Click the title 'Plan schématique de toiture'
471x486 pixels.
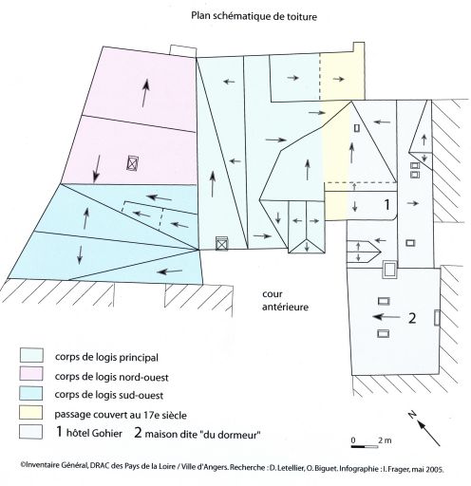point(254,16)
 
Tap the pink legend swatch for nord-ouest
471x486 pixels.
point(31,374)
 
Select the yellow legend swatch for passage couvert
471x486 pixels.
point(31,412)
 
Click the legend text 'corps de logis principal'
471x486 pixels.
point(106,357)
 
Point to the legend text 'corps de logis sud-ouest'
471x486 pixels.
point(109,395)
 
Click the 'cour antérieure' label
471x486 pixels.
point(285,301)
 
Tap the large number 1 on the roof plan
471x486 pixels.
point(386,205)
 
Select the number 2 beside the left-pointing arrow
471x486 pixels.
point(412,318)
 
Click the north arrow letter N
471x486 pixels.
point(412,414)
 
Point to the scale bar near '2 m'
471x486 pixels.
point(365,446)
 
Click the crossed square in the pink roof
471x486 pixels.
point(133,163)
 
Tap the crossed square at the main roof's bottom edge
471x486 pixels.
point(221,244)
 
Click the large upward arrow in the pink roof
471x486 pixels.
point(145,93)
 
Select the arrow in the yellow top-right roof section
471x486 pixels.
point(339,79)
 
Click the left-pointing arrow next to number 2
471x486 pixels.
point(386,316)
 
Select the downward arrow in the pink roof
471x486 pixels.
point(97,169)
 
